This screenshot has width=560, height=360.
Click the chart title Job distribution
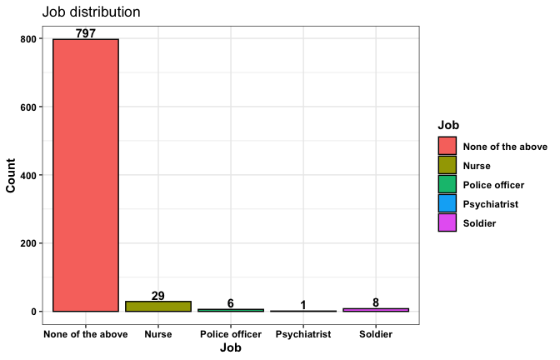tap(91, 12)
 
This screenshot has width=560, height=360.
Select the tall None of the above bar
tap(86, 175)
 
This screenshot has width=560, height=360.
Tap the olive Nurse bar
tap(158, 307)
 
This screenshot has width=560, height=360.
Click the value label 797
tap(86, 33)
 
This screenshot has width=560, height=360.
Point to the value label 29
tap(158, 296)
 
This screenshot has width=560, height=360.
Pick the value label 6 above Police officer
tap(231, 303)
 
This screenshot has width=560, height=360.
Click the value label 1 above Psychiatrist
tap(303, 305)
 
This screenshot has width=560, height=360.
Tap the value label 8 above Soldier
tap(376, 303)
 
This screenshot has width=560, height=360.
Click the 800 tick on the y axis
tap(27, 39)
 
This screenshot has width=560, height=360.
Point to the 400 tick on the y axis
tap(27, 175)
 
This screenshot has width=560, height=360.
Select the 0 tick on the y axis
tap(33, 312)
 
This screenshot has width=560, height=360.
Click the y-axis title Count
tap(12, 175)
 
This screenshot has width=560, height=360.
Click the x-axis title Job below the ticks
tap(231, 348)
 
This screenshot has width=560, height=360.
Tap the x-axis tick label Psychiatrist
tap(303, 334)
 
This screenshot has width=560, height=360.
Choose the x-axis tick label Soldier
tap(376, 334)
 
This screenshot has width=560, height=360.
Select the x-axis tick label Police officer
tap(231, 334)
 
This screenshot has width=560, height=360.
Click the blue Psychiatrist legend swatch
tap(447, 204)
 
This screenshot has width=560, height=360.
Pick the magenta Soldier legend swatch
tap(447, 223)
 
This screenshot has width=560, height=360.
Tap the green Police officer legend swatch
tap(447, 185)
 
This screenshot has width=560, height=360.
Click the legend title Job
tap(448, 125)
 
